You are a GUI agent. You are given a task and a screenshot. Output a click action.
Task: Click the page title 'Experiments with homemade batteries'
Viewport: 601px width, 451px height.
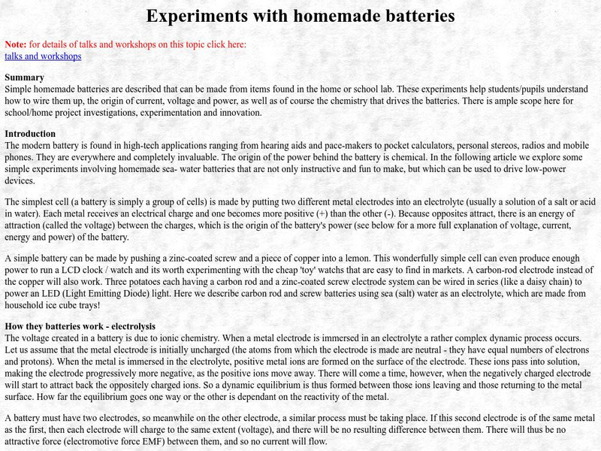point(300,16)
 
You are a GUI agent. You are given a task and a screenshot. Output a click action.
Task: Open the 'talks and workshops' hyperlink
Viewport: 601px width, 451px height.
point(43,56)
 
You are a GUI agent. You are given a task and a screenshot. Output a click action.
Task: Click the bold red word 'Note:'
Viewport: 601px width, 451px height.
point(16,44)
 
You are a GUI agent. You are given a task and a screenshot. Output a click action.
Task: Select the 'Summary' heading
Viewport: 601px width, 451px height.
point(25,77)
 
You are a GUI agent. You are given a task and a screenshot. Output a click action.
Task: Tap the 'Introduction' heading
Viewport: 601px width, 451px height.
point(30,134)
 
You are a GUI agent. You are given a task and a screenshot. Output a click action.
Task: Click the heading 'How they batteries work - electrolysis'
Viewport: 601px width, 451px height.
point(80,326)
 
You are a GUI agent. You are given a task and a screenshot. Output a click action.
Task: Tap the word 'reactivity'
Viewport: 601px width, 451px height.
point(342,396)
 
